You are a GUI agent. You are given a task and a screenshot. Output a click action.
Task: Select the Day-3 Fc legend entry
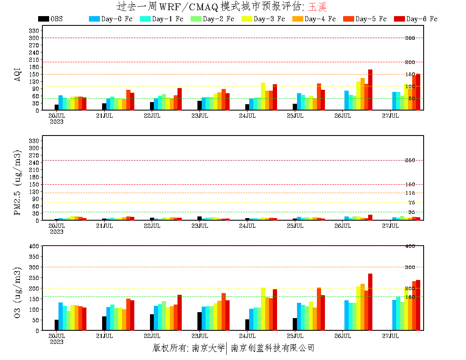click(263, 19)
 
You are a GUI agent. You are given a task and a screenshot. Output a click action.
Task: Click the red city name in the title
click(317, 7)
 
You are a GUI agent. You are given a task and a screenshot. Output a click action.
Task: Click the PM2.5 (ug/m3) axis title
click(18, 182)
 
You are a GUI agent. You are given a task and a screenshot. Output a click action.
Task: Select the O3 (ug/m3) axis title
click(18, 292)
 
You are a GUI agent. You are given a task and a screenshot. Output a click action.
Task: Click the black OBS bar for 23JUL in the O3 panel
click(200, 321)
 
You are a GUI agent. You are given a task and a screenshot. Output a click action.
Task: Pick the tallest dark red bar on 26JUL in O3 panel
click(370, 302)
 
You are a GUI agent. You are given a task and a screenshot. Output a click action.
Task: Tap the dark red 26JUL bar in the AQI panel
click(370, 90)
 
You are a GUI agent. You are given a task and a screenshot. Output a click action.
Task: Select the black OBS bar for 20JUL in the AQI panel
click(56, 107)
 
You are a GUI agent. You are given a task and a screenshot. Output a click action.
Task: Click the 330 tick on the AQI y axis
click(34, 30)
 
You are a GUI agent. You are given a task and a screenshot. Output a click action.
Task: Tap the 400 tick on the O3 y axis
click(34, 246)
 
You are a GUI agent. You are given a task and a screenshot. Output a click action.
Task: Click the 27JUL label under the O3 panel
click(391, 336)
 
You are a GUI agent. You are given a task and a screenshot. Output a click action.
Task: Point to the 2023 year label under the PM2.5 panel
click(56, 232)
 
